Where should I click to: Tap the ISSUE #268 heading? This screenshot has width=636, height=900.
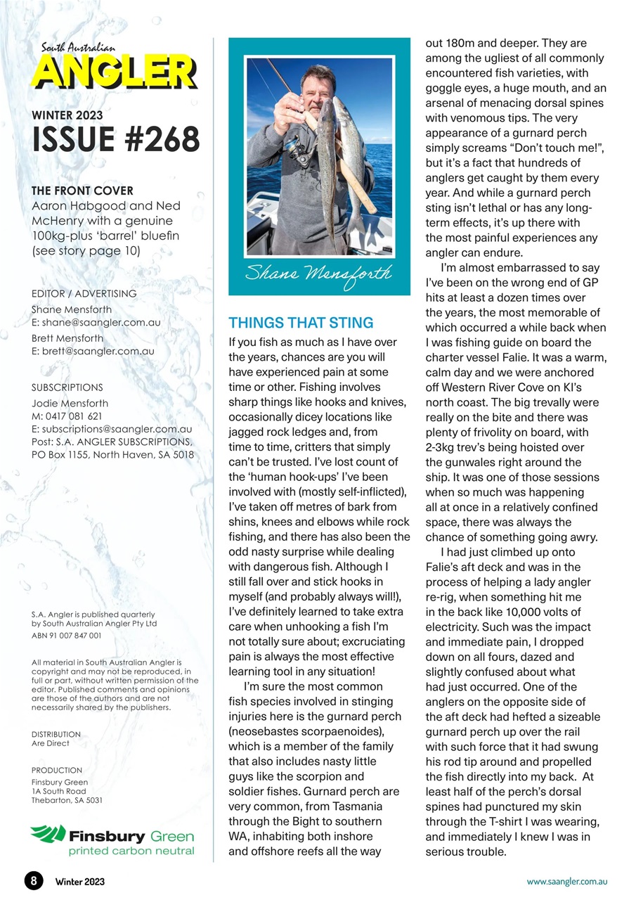coord(116,139)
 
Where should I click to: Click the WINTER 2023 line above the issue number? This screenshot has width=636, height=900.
coord(67,115)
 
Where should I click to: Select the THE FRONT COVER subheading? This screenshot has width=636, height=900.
coord(82,191)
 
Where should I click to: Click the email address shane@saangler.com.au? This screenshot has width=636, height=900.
coord(101,323)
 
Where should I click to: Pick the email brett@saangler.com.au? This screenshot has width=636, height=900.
coord(98,351)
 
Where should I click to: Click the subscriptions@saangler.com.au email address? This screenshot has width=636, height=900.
coord(117,428)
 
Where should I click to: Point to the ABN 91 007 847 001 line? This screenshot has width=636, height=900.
coord(67,635)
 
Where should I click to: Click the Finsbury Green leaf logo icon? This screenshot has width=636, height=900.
coord(48,835)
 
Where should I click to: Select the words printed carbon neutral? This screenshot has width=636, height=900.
coord(131,851)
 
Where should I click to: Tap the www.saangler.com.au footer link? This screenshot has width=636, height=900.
coord(567,881)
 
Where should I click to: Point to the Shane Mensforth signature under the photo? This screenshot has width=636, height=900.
coord(318,274)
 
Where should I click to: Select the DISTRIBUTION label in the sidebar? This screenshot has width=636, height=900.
coord(56,734)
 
